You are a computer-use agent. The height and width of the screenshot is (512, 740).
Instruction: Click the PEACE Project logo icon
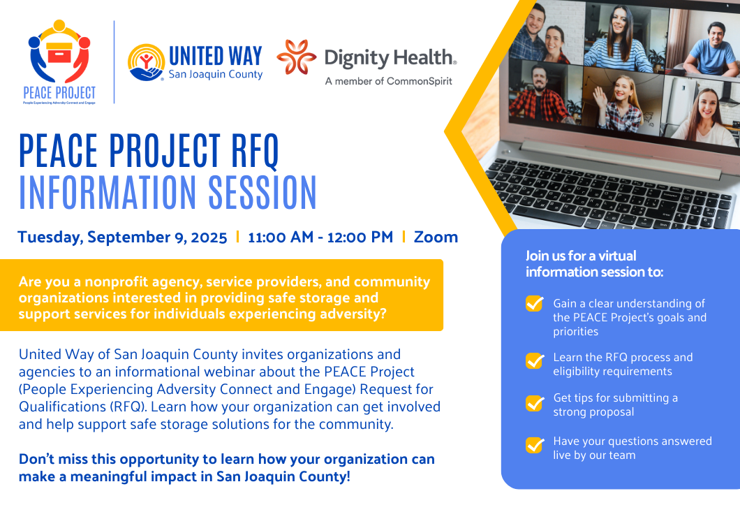coord(59,51)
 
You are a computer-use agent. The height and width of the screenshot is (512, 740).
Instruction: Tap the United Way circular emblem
coord(146,62)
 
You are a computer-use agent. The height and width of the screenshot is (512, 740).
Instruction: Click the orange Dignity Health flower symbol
coord(297,57)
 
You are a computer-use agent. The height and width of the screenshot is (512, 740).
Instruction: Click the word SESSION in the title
coord(262,192)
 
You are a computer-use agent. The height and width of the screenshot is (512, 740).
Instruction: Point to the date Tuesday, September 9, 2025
coord(122,237)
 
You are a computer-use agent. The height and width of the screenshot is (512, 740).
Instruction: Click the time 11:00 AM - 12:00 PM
coord(320,237)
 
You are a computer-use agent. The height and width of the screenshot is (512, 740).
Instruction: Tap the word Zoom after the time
coord(436,237)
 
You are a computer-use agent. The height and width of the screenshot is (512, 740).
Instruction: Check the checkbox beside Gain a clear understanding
coord(535,303)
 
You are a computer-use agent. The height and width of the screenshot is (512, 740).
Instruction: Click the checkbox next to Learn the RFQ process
coord(535,361)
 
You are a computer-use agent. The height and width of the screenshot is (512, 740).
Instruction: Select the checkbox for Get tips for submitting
coord(535,403)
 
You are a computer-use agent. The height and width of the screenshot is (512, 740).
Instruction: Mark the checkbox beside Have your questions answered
coord(535,444)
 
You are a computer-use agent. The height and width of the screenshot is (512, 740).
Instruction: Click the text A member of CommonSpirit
coord(388,81)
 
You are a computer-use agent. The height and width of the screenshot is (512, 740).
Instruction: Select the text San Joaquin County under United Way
coord(216,74)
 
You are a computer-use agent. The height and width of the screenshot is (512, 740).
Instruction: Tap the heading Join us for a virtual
coord(581,256)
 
